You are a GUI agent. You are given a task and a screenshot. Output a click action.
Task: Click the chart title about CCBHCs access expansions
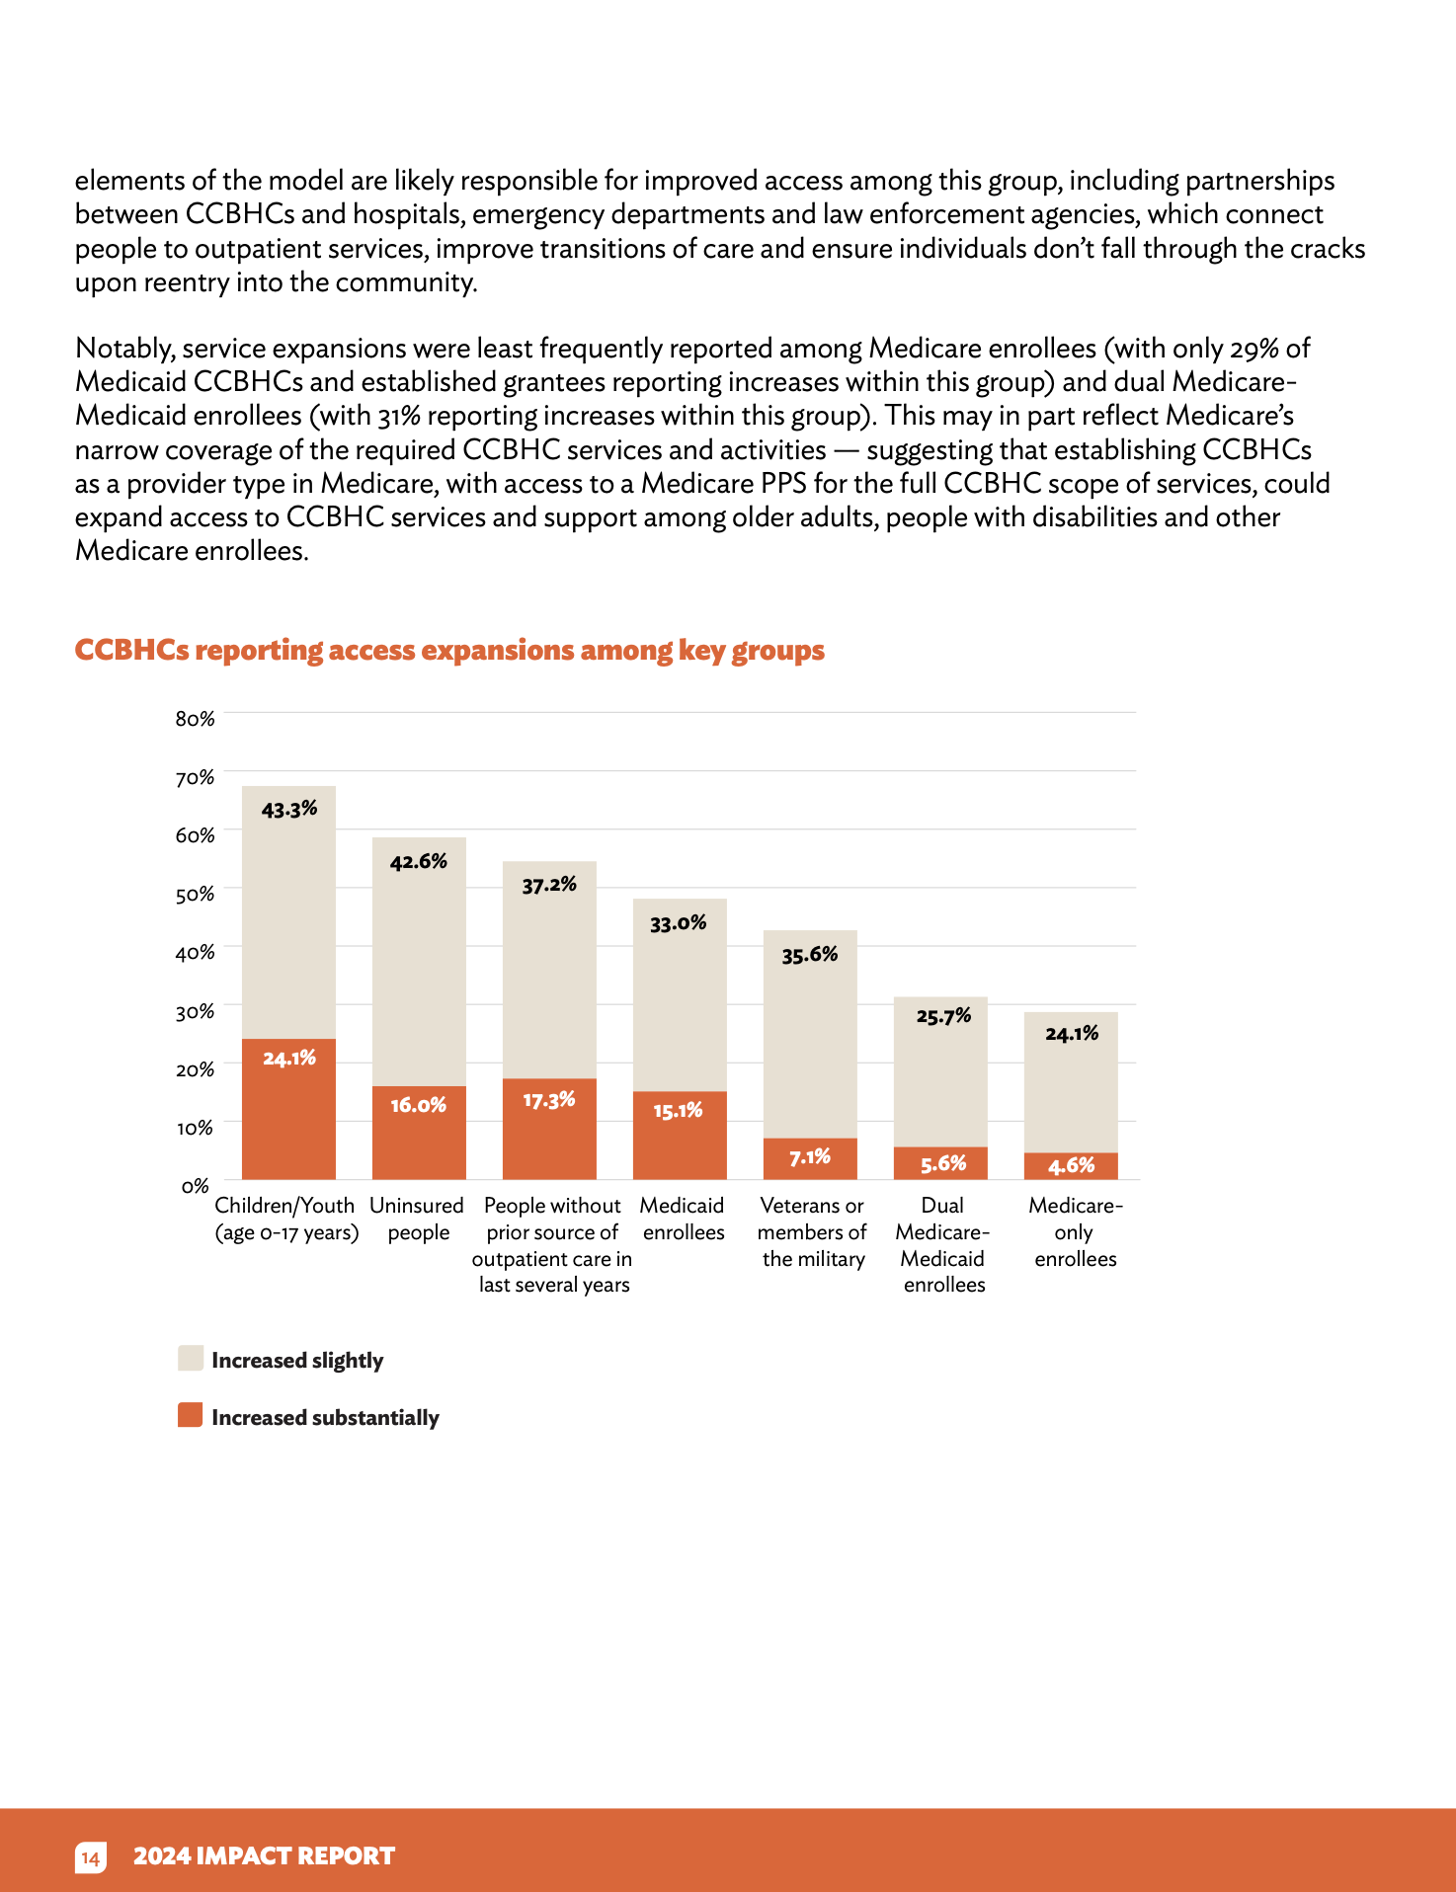pos(449,650)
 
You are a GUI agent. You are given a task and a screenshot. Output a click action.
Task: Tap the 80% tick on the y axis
pos(195,719)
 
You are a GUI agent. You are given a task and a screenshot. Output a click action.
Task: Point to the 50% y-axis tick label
pos(195,895)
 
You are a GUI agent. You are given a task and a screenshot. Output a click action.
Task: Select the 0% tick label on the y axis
pos(196,1186)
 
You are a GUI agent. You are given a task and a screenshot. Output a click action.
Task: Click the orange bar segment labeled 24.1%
pos(288,1109)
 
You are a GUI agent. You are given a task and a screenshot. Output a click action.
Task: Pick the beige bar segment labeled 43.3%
pos(288,912)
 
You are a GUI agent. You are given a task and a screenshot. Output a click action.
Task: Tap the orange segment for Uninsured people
pos(419,1133)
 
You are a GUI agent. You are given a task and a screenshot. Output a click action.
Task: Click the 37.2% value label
pos(549,885)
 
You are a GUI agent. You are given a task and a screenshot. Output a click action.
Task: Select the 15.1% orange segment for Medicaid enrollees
pos(680,1136)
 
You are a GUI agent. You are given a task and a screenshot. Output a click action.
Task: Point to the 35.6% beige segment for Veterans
pos(810,1034)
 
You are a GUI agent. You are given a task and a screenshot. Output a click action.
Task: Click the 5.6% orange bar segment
pos(940,1163)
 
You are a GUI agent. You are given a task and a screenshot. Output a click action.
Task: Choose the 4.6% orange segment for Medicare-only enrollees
pos(1071,1166)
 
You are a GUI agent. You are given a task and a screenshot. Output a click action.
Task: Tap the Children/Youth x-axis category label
pos(286,1219)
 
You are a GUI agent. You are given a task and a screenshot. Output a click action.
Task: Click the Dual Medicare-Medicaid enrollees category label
pos(943,1244)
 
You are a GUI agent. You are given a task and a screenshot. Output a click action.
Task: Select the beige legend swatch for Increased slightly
pos(191,1358)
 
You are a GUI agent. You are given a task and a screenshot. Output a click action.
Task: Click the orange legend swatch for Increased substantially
pos(191,1415)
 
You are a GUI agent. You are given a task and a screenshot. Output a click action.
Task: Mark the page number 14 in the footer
pos(90,1857)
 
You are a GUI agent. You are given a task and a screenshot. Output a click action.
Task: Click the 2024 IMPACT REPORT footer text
pos(264,1856)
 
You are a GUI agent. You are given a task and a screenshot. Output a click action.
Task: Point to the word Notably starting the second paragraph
pos(125,349)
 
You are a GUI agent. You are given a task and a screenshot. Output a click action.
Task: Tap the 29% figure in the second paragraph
pos(1254,349)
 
